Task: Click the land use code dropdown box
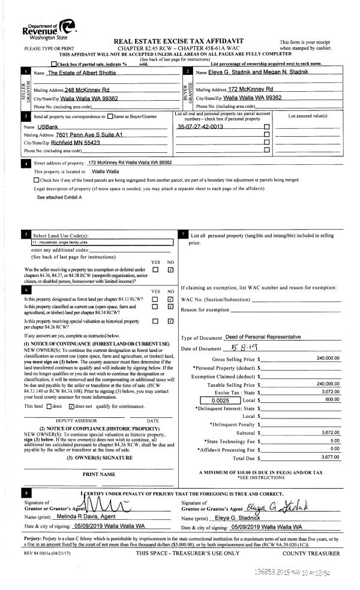point(100,243)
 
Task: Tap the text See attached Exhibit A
point(59,197)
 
